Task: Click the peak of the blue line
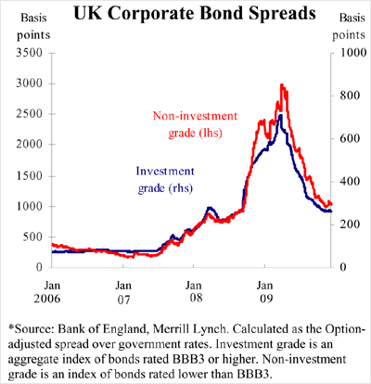coord(279,115)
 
